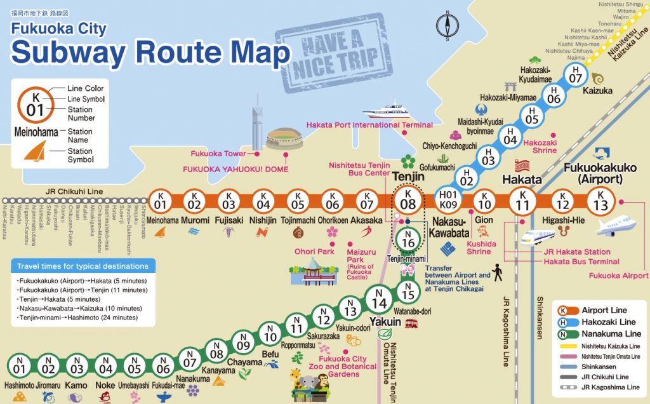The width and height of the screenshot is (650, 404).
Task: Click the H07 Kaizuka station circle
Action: pyautogui.click(x=576, y=75)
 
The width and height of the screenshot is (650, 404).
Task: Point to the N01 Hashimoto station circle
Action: pyautogui.click(x=19, y=367)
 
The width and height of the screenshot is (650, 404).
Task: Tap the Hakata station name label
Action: pyautogui.click(x=522, y=180)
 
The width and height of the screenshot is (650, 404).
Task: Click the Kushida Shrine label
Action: pyautogui.click(x=479, y=247)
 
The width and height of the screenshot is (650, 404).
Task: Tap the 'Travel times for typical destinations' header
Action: pyautogui.click(x=83, y=266)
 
